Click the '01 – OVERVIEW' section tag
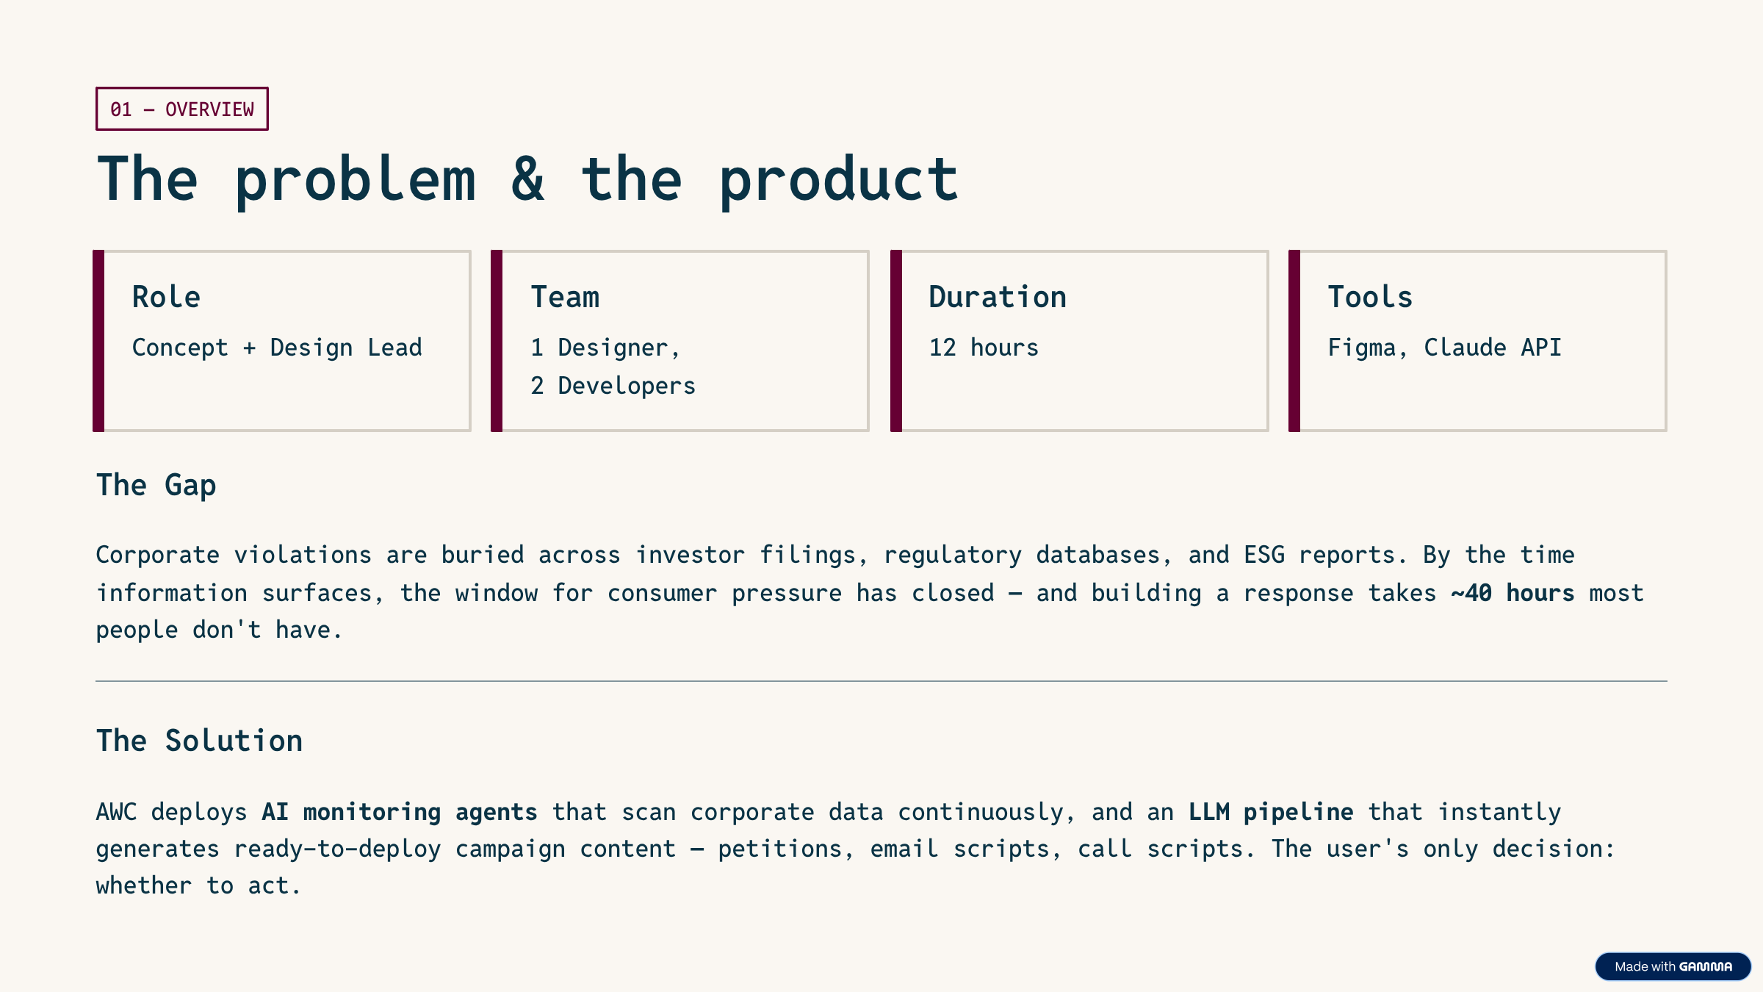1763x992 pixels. point(181,109)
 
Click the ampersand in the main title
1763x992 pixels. point(528,179)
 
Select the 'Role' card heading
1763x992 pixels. point(166,297)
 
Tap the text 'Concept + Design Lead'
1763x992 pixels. point(277,347)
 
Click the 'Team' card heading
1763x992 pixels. point(565,297)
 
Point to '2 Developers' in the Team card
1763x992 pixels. point(613,385)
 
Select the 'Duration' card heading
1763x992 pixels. point(997,297)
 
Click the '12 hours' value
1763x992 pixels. point(984,347)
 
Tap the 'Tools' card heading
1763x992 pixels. point(1370,297)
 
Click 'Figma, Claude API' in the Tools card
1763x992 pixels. point(1444,347)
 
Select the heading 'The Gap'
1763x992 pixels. point(156,485)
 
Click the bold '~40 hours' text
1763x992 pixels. point(1513,592)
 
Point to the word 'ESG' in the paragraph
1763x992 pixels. point(1263,555)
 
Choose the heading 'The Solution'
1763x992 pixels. point(199,741)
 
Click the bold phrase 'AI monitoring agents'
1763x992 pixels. point(400,811)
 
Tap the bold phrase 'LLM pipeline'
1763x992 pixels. point(1271,811)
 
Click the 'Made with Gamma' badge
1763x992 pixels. point(1673,966)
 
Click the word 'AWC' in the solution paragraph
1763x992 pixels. point(116,811)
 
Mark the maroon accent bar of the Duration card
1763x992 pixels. point(895,341)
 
